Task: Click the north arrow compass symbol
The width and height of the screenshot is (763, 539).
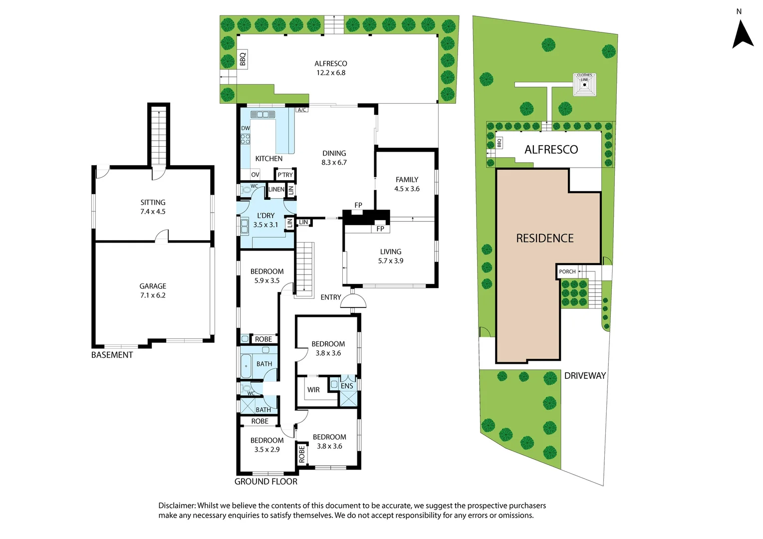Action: pyautogui.click(x=743, y=34)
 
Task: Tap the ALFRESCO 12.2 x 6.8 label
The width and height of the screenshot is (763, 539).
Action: pyautogui.click(x=330, y=68)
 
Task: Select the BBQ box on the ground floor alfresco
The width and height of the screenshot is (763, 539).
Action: pyautogui.click(x=243, y=59)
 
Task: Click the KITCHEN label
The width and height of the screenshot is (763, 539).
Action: pyautogui.click(x=268, y=159)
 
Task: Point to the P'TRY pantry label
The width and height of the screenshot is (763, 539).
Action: pyautogui.click(x=285, y=175)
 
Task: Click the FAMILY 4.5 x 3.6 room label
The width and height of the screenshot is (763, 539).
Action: pyautogui.click(x=407, y=184)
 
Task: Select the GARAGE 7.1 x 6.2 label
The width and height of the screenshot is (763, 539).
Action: pyautogui.click(x=153, y=290)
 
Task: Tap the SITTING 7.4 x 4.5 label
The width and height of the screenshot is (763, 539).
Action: pyautogui.click(x=153, y=207)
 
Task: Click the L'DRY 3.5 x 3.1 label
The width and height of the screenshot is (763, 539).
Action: pyautogui.click(x=265, y=220)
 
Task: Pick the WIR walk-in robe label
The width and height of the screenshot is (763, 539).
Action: pyautogui.click(x=313, y=390)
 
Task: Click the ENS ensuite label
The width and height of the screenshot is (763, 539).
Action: pyautogui.click(x=347, y=386)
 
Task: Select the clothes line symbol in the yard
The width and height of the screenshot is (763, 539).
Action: pyautogui.click(x=584, y=85)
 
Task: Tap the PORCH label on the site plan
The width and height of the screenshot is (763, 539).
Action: pyautogui.click(x=567, y=271)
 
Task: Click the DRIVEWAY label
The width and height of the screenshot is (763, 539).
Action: pyautogui.click(x=585, y=376)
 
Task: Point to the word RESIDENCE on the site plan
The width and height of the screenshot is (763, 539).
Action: pyautogui.click(x=545, y=239)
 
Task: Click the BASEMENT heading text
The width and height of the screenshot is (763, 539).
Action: pyautogui.click(x=112, y=355)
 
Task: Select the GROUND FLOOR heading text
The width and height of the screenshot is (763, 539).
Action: pyautogui.click(x=266, y=482)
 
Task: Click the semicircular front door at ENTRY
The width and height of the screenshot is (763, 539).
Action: pyautogui.click(x=353, y=301)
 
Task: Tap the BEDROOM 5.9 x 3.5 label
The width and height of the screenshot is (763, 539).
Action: pyautogui.click(x=267, y=276)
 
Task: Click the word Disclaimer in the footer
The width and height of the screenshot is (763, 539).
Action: pyautogui.click(x=177, y=506)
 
